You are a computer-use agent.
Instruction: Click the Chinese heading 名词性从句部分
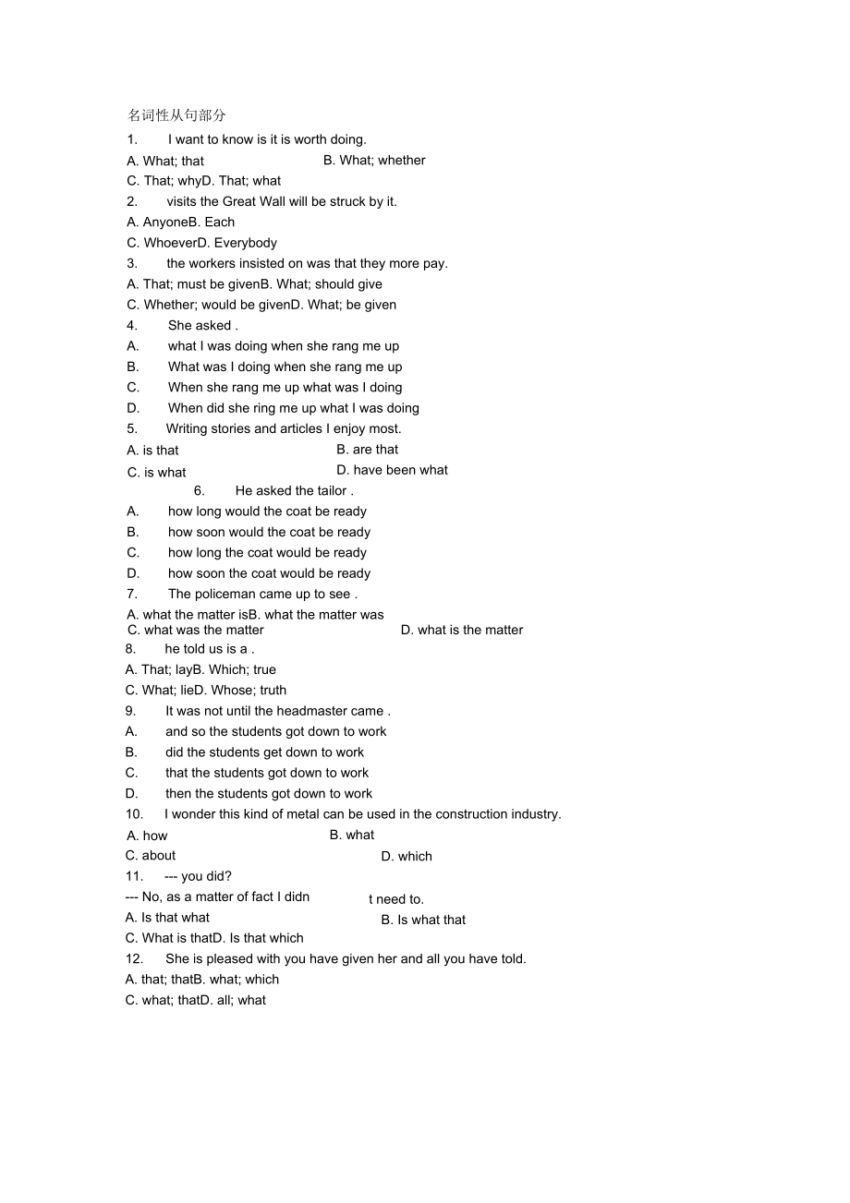click(x=176, y=115)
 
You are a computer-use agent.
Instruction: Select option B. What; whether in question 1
click(x=374, y=160)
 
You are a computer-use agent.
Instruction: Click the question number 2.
click(x=132, y=201)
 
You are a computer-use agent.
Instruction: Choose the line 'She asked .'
click(x=202, y=325)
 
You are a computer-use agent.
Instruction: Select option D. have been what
click(x=392, y=470)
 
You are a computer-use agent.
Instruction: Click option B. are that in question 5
click(x=367, y=450)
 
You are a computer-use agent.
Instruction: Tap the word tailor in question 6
click(x=328, y=491)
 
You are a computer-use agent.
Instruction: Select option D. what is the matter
click(x=462, y=631)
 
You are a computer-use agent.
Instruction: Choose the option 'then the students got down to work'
click(x=269, y=794)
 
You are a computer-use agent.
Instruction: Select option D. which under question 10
click(x=407, y=857)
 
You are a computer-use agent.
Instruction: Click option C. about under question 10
click(x=151, y=856)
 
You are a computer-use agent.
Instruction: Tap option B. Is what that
click(x=423, y=920)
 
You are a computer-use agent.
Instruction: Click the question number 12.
click(x=134, y=959)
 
